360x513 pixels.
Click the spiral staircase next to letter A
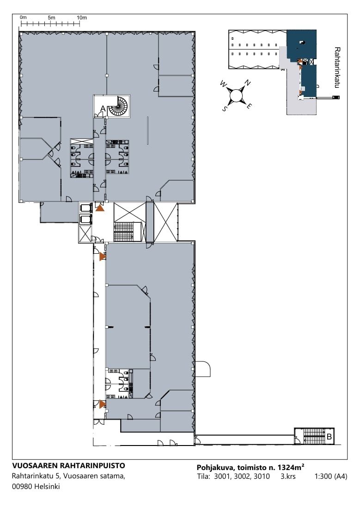(119, 106)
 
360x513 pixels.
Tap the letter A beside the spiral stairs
(103, 109)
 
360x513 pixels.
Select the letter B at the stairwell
(329, 436)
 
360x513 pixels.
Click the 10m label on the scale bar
(82, 18)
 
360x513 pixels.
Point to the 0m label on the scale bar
(23, 18)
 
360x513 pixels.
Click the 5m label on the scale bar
(51, 18)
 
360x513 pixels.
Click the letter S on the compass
(225, 109)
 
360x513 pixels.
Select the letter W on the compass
(224, 84)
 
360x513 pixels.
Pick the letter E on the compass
(249, 106)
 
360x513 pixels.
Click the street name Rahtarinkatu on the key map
(337, 68)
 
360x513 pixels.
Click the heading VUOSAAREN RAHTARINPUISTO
(68, 465)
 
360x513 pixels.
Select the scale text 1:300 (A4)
(331, 476)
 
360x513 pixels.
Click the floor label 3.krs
(288, 476)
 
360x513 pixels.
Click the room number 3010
(262, 476)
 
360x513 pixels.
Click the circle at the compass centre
(236, 95)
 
